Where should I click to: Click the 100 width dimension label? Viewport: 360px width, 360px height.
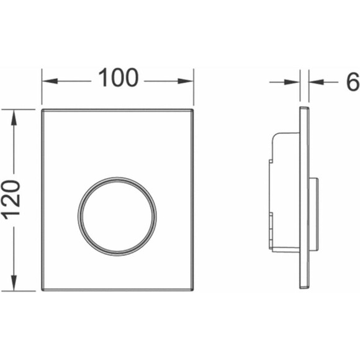(x=118, y=78)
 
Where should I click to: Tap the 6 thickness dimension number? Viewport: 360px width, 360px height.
(x=353, y=81)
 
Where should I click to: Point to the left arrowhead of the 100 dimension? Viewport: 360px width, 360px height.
(x=50, y=81)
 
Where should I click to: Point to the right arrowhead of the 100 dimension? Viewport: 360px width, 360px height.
(x=186, y=81)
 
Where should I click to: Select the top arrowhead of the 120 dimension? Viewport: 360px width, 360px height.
(x=14, y=117)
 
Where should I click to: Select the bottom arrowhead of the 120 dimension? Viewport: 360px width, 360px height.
(x=14, y=283)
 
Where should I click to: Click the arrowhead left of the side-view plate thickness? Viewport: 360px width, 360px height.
(x=292, y=82)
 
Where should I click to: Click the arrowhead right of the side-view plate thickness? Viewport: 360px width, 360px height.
(x=317, y=82)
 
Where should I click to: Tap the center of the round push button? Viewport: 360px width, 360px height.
(x=117, y=217)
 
